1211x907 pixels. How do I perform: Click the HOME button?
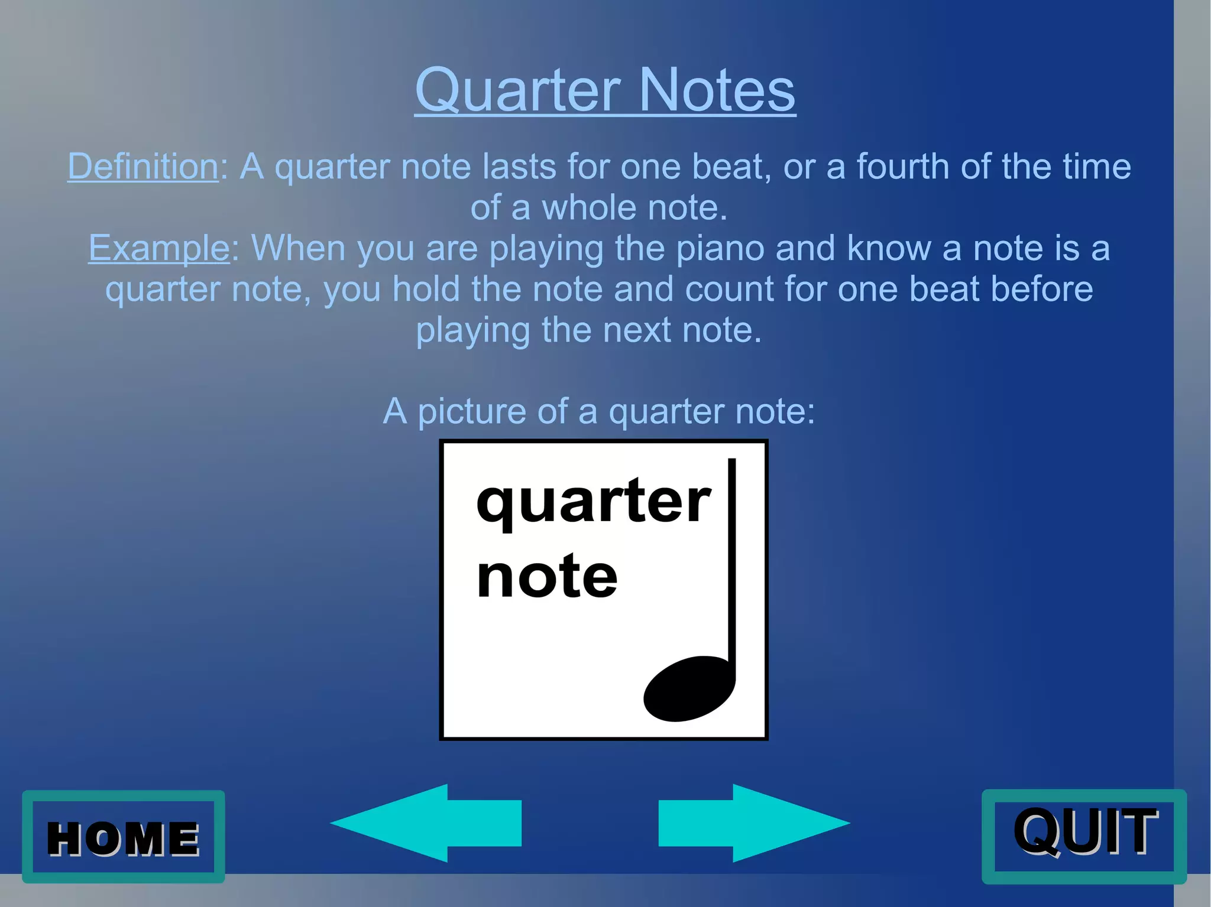coord(123,837)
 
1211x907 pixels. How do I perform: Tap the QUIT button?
coord(1084,836)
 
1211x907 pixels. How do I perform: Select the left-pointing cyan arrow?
coord(426,823)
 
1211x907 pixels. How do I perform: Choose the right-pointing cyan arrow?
coord(754,823)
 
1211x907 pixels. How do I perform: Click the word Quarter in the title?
coord(517,90)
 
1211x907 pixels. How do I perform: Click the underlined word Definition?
coord(143,166)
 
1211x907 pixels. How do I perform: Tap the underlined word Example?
coord(158,248)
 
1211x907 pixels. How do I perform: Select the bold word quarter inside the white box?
coord(593,502)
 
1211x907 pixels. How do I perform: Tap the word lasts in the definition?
coord(519,166)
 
